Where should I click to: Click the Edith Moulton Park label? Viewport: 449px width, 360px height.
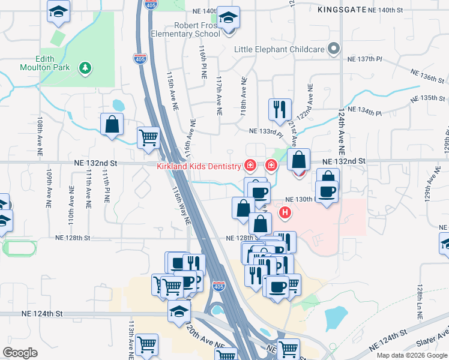(53, 63)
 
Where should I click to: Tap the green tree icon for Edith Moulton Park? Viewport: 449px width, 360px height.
(86, 67)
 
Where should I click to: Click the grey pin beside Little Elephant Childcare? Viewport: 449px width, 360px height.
(334, 50)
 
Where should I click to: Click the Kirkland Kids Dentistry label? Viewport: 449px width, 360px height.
(199, 166)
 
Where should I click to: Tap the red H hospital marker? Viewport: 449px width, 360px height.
(285, 212)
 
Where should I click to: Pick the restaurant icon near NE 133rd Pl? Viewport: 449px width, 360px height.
(280, 109)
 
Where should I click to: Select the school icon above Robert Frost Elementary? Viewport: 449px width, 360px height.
(228, 17)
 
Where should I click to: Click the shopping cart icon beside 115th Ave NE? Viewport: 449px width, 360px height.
(148, 137)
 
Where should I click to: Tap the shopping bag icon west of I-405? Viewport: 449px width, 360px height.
(112, 125)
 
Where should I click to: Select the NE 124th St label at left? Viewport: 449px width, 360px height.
(42, 313)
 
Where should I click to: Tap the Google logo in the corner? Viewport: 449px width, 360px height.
(20, 353)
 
